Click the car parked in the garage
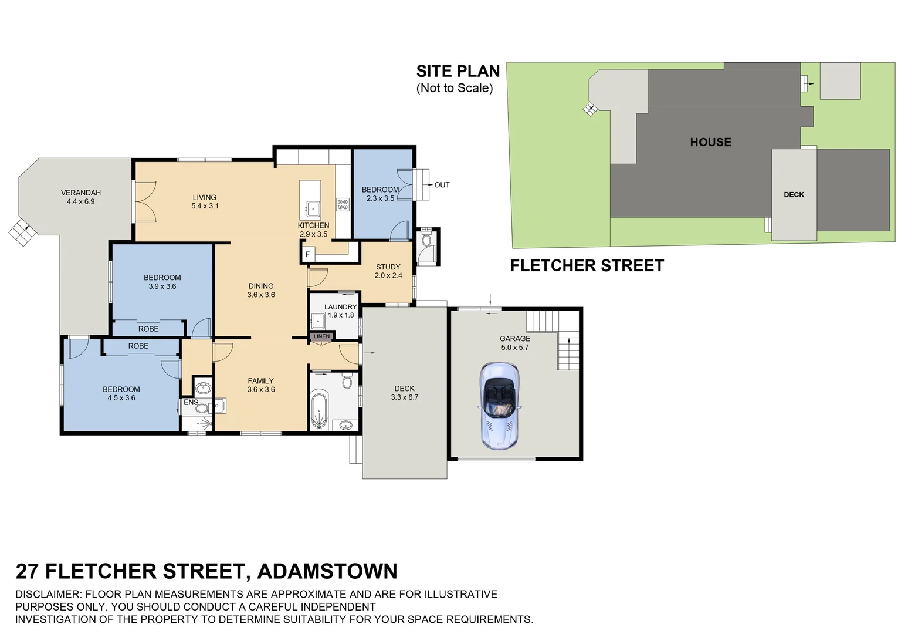pyautogui.click(x=499, y=406)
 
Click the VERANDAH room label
pyautogui.click(x=81, y=197)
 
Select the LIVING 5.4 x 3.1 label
pyautogui.click(x=205, y=202)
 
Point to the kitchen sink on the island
pyautogui.click(x=313, y=208)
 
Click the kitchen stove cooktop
pyautogui.click(x=343, y=204)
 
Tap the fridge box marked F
pyautogui.click(x=307, y=254)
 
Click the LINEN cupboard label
pyautogui.click(x=321, y=336)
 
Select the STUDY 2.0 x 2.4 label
pyautogui.click(x=388, y=271)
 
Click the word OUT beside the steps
pyautogui.click(x=442, y=185)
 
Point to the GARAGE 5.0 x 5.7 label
pyautogui.click(x=515, y=343)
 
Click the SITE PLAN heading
pyautogui.click(x=458, y=72)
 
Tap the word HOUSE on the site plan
pyautogui.click(x=710, y=142)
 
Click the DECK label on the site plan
pyautogui.click(x=794, y=195)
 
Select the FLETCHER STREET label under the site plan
pyautogui.click(x=587, y=266)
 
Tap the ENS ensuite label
pyautogui.click(x=191, y=402)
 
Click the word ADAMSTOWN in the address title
pyautogui.click(x=327, y=571)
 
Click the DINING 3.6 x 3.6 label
pyautogui.click(x=261, y=291)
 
